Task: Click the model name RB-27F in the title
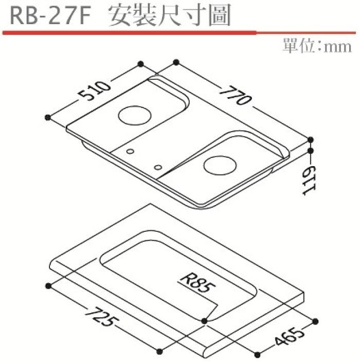[50, 16]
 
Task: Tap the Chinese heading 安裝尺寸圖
[170, 15]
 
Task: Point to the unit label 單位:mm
[317, 46]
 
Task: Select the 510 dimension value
[94, 90]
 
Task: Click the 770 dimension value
[236, 96]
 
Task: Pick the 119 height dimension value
[309, 180]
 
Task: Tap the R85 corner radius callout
[197, 284]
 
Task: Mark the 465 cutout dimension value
[289, 336]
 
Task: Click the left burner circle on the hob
[135, 115]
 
